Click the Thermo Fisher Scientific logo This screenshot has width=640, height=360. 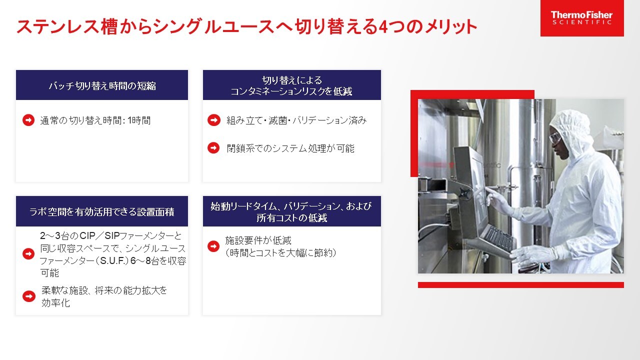click(x=581, y=18)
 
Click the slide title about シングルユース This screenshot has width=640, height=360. click(x=246, y=26)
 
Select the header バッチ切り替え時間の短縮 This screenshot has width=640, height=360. click(x=102, y=85)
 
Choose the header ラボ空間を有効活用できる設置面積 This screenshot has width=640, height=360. click(x=102, y=211)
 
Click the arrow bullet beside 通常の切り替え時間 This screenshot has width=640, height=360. click(x=28, y=120)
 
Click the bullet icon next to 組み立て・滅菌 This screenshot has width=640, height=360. click(x=213, y=120)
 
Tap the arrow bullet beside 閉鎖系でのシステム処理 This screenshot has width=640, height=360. click(x=213, y=148)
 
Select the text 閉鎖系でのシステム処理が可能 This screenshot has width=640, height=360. click(x=290, y=148)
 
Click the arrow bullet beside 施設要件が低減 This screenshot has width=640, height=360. click(x=213, y=246)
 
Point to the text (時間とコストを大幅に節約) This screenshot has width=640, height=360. click(x=280, y=253)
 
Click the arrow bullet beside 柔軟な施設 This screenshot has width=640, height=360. click(x=28, y=296)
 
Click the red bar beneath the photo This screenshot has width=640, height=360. click(x=520, y=285)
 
